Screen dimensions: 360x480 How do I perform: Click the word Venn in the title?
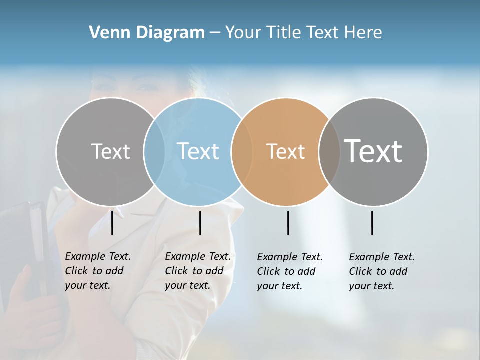pyautogui.click(x=106, y=33)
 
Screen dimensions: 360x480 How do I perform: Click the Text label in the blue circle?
pyautogui.click(x=198, y=151)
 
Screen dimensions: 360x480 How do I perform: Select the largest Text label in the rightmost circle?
pyautogui.click(x=373, y=151)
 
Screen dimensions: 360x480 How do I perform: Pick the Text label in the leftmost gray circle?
pyautogui.click(x=110, y=151)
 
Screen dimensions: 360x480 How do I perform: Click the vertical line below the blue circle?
pyautogui.click(x=200, y=223)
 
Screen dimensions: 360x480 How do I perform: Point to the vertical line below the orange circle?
pyautogui.click(x=288, y=223)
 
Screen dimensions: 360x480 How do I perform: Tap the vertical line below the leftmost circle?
pyautogui.click(x=112, y=223)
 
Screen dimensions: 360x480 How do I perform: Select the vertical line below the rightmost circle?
pyautogui.click(x=372, y=223)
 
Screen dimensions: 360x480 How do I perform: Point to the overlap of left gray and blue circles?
pyautogui.click(x=154, y=152)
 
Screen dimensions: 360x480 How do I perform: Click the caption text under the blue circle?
pyautogui.click(x=197, y=271)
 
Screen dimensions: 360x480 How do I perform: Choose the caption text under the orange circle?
pyautogui.click(x=289, y=271)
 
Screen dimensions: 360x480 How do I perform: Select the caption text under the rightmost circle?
pyautogui.click(x=381, y=271)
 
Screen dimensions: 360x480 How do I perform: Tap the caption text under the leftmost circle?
pyautogui.click(x=97, y=271)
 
